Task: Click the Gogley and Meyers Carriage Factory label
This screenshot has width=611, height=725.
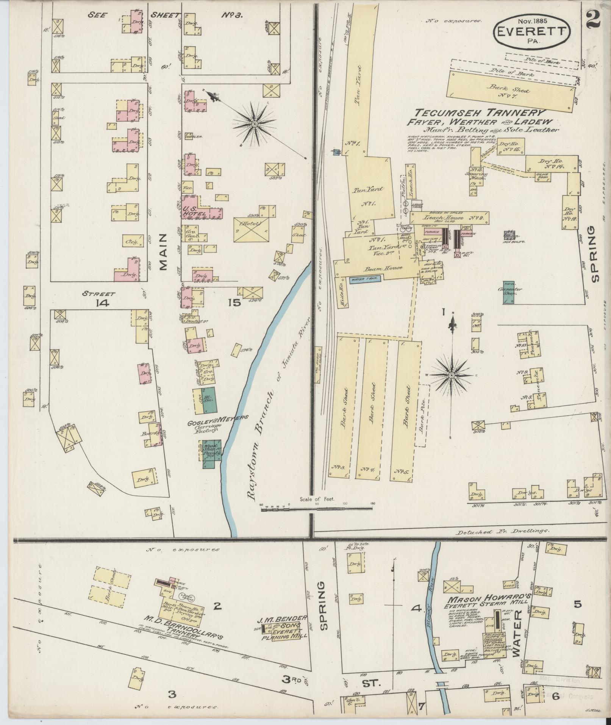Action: [217, 423]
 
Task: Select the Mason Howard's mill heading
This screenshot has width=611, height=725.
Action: [490, 600]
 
